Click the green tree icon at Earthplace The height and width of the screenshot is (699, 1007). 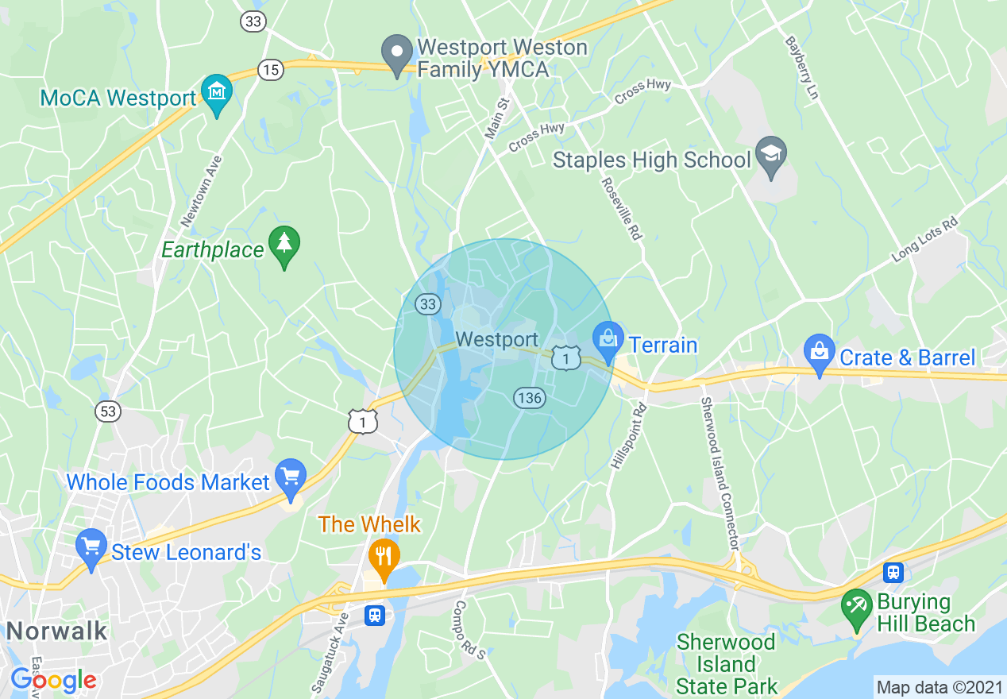pyautogui.click(x=284, y=245)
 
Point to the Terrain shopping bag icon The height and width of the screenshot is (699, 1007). pyautogui.click(x=608, y=339)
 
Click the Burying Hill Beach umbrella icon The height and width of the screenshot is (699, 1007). pyautogui.click(x=857, y=608)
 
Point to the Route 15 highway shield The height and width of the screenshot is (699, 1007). pyautogui.click(x=271, y=70)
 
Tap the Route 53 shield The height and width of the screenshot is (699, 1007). pyautogui.click(x=107, y=411)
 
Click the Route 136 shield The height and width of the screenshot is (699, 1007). pyautogui.click(x=530, y=398)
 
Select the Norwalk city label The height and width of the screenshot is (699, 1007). pyautogui.click(x=56, y=631)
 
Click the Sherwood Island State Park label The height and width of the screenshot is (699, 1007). pyautogui.click(x=726, y=663)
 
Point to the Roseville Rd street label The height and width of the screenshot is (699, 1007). pyautogui.click(x=621, y=208)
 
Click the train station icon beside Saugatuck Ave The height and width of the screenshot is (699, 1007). pyautogui.click(x=375, y=614)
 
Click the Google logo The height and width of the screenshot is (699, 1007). pyautogui.click(x=54, y=680)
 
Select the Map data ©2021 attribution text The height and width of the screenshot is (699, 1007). pyautogui.click(x=939, y=686)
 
